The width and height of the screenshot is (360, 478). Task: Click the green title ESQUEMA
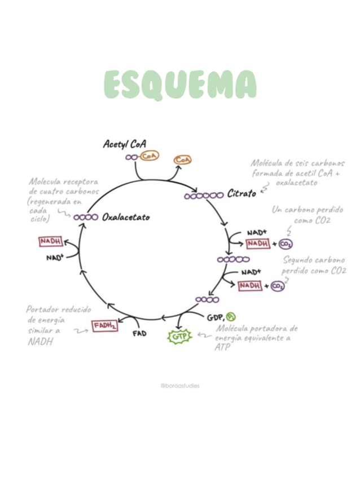point(180,85)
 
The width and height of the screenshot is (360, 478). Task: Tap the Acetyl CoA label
point(125,144)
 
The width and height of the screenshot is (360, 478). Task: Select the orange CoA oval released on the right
point(182,160)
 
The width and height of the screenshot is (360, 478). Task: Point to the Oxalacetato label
point(126,217)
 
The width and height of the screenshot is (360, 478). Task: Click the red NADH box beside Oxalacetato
point(50,242)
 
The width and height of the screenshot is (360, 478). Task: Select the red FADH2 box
point(105,325)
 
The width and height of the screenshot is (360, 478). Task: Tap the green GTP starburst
point(180,337)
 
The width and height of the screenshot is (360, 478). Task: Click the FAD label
point(139,333)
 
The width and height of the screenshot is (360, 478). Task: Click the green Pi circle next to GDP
point(231,316)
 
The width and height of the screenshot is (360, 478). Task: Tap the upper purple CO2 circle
point(286,244)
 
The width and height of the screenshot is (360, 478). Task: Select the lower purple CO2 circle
point(278,286)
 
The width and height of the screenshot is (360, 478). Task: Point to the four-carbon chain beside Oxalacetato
point(86,217)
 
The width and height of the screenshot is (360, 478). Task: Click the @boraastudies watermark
point(179,386)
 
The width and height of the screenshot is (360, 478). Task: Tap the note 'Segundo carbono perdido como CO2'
point(314,265)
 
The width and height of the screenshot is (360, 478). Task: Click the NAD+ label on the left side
point(55,257)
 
